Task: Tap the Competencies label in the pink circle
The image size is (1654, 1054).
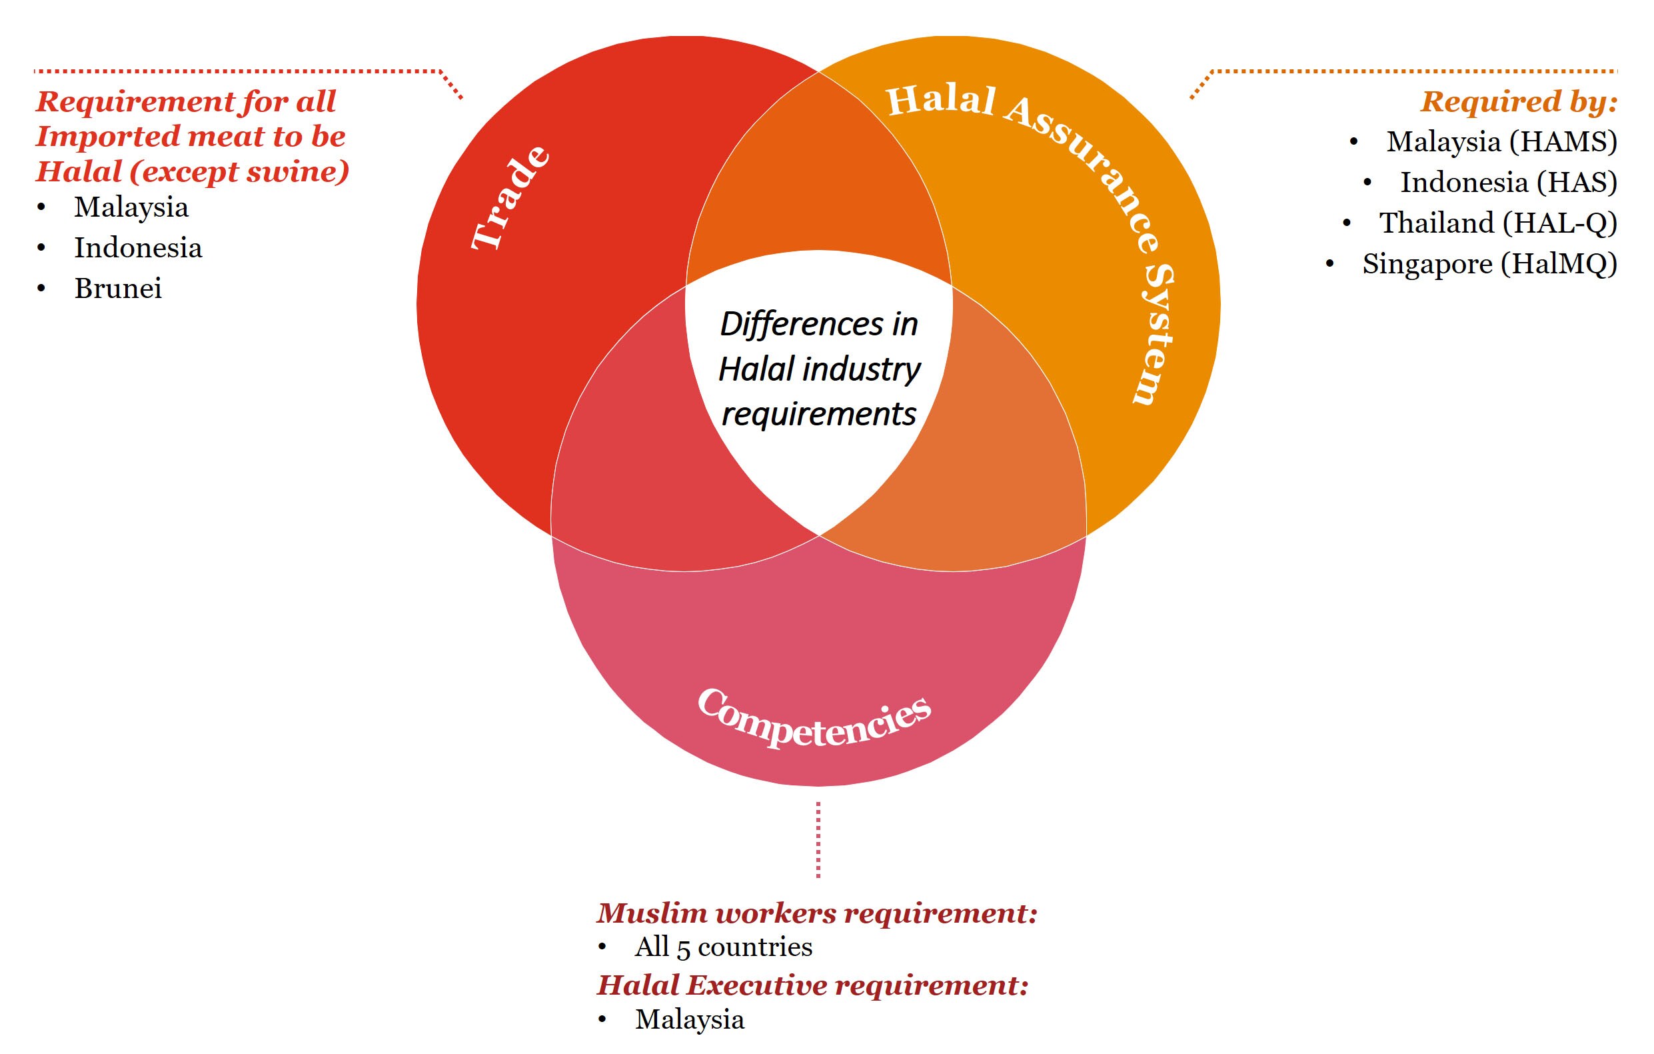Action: coord(814,719)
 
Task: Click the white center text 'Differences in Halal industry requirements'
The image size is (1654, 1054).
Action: coord(819,369)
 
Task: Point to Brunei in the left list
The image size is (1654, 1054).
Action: coord(118,289)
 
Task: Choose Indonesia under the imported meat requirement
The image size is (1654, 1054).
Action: coord(138,248)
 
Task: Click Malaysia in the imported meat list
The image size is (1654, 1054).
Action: coord(131,207)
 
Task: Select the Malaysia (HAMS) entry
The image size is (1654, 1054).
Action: coord(1501,141)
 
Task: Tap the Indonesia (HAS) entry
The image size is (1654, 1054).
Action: coord(1508,182)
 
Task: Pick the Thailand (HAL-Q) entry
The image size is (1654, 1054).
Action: coord(1497,223)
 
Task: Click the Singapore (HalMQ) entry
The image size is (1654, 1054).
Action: coord(1489,264)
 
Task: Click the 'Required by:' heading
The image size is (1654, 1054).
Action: coord(1519,103)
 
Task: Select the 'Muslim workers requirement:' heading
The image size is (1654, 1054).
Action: coord(816,913)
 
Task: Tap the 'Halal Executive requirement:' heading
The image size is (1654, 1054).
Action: coord(812,985)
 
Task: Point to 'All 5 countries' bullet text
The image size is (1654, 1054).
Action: coord(723,947)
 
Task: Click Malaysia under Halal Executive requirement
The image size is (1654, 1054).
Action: coord(690,1019)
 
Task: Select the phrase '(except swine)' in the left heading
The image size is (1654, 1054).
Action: coord(239,172)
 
